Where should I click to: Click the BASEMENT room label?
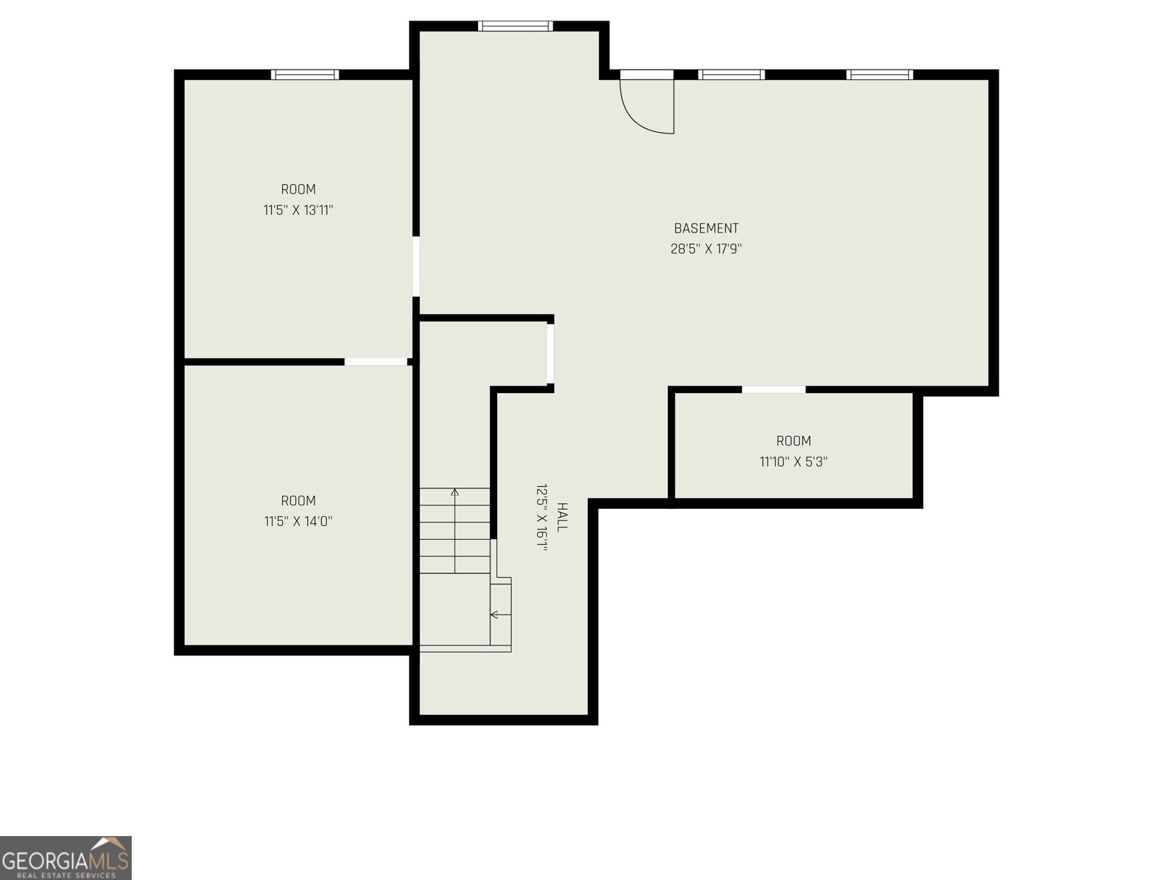coord(706,228)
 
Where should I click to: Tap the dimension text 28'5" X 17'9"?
coord(706,249)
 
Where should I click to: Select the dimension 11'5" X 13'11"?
coord(298,210)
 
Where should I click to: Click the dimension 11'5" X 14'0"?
coord(298,521)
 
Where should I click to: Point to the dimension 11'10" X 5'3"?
coord(793,461)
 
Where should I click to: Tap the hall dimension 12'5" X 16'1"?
coord(542,517)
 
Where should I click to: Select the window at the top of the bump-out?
coord(515,26)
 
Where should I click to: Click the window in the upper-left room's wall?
coord(305,74)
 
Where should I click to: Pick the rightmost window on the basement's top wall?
coord(880,74)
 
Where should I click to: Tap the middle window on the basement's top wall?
coord(731,74)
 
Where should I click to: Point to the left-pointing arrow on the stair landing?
coord(495,614)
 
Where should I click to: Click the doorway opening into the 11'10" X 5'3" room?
coord(773,389)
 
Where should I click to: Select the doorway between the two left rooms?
coord(376,362)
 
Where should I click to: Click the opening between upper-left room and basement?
coord(416,265)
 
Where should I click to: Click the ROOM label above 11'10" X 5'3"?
coord(793,441)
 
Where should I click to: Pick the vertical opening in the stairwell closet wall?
coord(551,353)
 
